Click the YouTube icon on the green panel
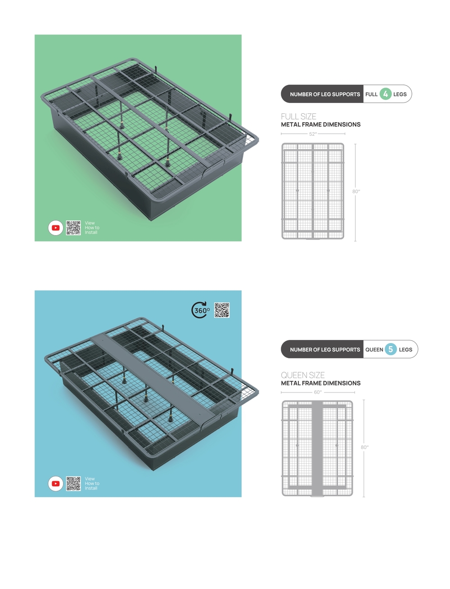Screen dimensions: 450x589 [x=56, y=228]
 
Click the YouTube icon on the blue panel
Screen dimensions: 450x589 [x=56, y=483]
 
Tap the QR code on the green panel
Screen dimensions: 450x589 [x=73, y=228]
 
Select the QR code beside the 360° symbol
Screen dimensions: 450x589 [x=222, y=310]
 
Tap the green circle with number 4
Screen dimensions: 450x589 [x=385, y=94]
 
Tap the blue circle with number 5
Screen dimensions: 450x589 [x=391, y=349]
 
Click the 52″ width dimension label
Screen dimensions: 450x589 [x=313, y=134]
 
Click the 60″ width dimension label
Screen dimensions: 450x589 [x=318, y=393]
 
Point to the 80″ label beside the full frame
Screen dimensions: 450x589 [x=356, y=192]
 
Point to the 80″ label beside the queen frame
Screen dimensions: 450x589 [x=364, y=447]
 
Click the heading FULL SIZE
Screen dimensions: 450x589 [x=298, y=116]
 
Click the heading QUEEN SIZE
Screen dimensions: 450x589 [x=303, y=375]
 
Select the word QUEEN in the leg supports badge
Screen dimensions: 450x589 [x=374, y=349]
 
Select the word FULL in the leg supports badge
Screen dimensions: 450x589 [x=371, y=94]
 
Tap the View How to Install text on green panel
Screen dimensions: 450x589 [x=92, y=228]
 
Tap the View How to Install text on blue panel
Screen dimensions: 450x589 [x=92, y=483]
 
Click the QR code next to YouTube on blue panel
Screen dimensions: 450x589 [x=73, y=483]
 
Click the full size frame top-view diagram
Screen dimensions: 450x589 [x=313, y=191]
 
